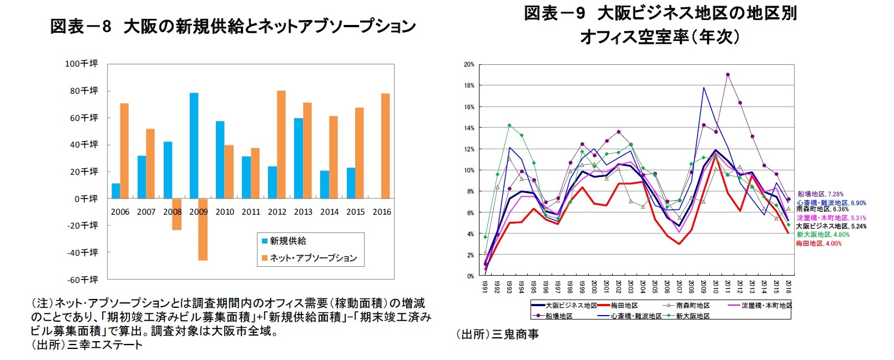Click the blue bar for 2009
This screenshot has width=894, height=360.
pos(194,145)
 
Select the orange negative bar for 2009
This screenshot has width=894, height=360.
pos(203,229)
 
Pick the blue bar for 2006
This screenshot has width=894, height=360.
pos(115,191)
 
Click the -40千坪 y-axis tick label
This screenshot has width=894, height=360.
pos(82,252)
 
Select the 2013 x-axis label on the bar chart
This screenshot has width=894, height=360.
pos(303,212)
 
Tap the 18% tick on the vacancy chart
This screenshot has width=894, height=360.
pos(469,85)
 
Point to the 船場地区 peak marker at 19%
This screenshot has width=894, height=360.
pos(728,74)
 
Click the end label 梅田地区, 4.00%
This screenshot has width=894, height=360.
pos(819,244)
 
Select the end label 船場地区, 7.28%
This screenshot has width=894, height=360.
pos(820,194)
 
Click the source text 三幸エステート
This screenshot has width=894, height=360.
pos(105,345)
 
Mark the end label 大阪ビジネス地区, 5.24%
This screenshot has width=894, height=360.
pos(831,226)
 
